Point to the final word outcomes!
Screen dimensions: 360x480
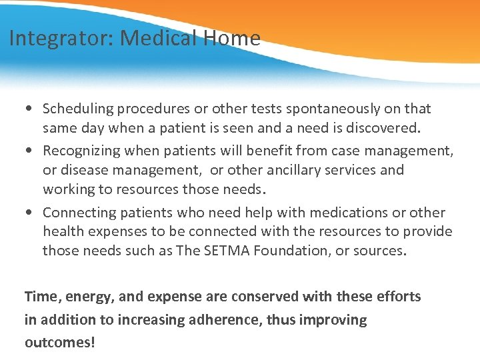click(x=60, y=342)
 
